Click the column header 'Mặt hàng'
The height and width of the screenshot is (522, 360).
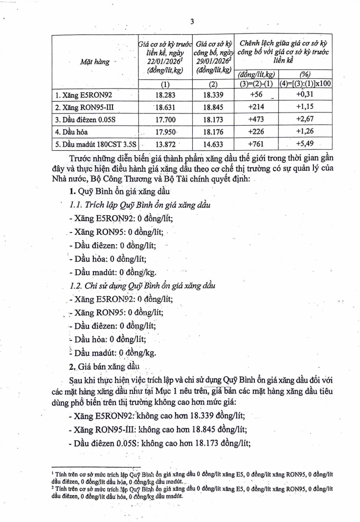point(94,62)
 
